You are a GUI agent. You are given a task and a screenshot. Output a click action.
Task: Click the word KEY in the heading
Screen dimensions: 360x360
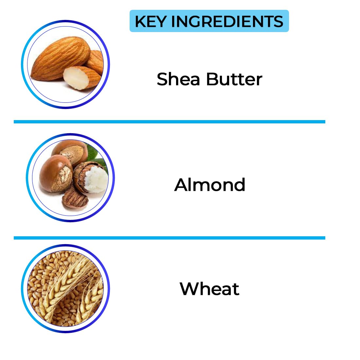151,21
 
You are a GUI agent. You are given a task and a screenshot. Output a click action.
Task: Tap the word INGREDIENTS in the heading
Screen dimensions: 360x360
227,21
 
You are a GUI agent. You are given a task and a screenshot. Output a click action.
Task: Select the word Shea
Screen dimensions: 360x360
178,79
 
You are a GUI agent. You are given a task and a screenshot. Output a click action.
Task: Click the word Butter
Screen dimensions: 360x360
234,79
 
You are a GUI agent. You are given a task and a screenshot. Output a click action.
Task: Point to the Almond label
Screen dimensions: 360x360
209,185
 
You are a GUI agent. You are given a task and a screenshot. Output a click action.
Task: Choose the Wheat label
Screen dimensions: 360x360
209,289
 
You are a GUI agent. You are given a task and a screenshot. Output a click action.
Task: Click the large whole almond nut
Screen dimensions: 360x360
60,58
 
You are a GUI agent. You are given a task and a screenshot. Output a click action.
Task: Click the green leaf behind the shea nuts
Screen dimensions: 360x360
94,154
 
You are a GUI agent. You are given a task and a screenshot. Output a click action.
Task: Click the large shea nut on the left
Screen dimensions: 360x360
56,173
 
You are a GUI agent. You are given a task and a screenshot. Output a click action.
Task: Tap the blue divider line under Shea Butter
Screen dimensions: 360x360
170,122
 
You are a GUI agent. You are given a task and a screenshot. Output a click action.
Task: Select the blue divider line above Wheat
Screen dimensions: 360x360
170,238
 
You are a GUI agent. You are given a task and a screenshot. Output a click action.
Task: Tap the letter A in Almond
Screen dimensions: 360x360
181,185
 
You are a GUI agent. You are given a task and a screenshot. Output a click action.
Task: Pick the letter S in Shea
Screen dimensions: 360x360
163,79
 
